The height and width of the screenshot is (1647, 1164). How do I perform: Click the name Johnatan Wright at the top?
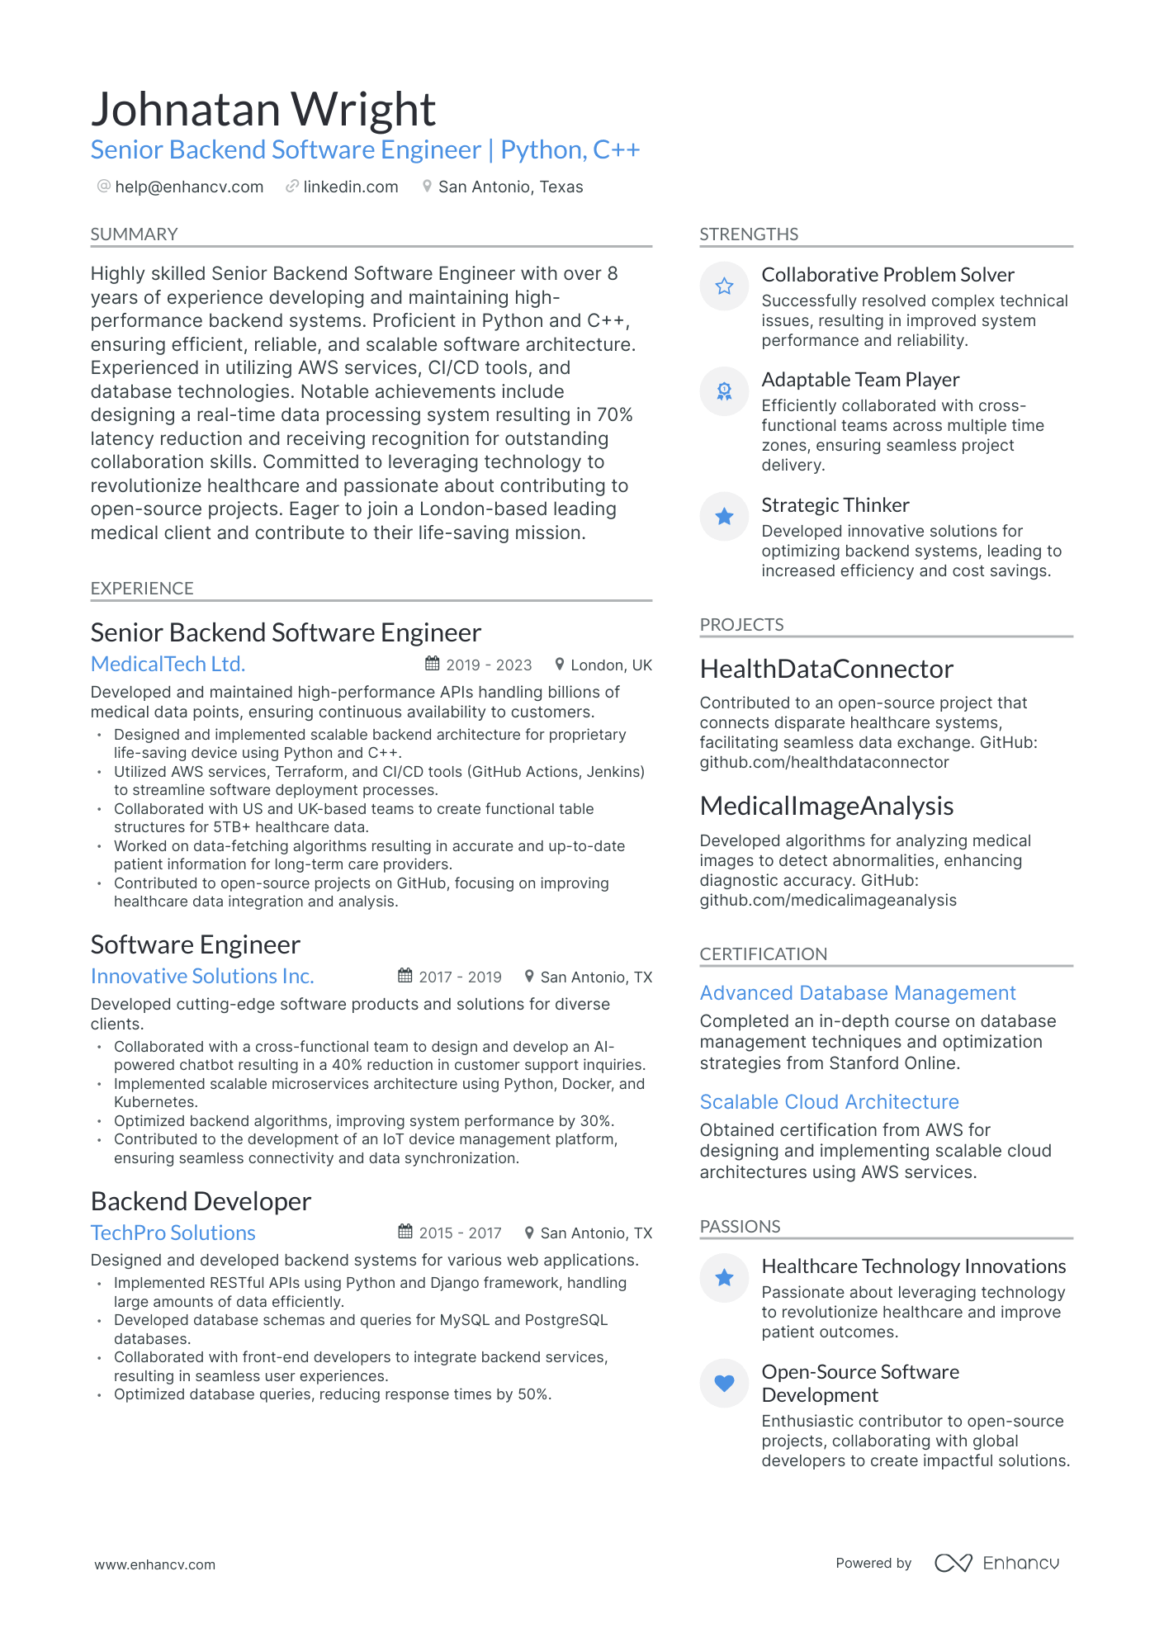point(263,110)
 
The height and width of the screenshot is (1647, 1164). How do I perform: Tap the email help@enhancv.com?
point(189,187)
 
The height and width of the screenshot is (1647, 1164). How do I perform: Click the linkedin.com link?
point(350,187)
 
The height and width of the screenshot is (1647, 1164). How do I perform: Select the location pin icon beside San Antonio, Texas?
point(427,187)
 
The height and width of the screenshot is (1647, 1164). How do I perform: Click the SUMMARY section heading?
point(134,234)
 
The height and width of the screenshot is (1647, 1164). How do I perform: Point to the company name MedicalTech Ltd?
point(168,664)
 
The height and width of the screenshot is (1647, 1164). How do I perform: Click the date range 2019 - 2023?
point(489,665)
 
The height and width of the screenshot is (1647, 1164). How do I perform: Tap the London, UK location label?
point(611,665)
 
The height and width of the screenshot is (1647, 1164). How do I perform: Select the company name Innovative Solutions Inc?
point(202,976)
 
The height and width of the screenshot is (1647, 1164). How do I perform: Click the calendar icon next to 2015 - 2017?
point(405,1232)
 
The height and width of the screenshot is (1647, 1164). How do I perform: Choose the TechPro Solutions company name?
point(173,1233)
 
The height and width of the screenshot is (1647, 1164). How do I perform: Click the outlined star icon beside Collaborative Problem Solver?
point(724,286)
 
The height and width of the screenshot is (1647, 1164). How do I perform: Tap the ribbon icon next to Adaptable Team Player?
point(724,391)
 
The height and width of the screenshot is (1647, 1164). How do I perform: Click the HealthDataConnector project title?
point(826,669)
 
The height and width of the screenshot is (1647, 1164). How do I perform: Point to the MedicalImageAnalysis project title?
point(826,806)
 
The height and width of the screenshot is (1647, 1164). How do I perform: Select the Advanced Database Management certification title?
point(858,993)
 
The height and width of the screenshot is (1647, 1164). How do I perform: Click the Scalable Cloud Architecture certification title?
point(829,1102)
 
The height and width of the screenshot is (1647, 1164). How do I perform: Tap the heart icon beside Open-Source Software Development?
point(724,1383)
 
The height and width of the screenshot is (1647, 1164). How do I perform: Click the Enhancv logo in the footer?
point(996,1563)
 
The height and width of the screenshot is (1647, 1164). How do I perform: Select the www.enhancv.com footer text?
point(154,1564)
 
